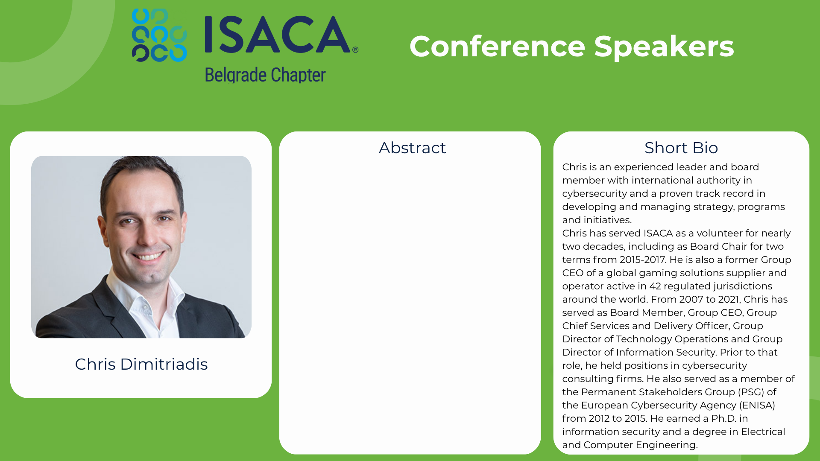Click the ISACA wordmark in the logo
278,34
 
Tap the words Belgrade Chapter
265,75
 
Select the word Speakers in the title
664,47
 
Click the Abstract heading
412,148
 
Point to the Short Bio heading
681,148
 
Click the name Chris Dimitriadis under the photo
141,364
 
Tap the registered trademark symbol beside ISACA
355,50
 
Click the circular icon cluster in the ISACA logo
159,35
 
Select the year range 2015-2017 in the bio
642,260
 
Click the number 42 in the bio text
655,286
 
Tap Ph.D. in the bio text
724,418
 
